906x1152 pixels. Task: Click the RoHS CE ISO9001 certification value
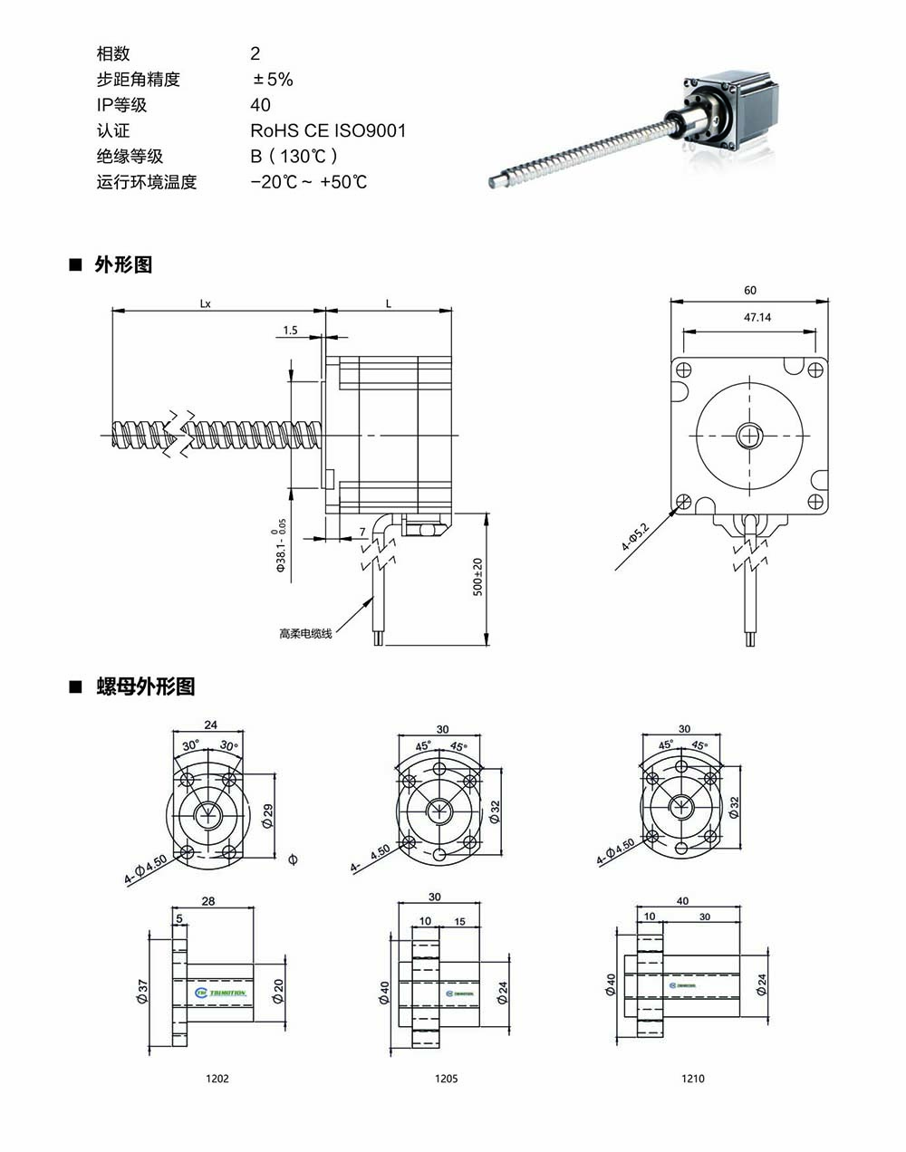328,130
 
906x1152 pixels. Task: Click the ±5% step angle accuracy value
273,80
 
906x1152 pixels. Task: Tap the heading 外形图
123,264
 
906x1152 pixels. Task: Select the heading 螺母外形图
145,686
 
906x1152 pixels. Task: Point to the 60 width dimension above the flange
750,291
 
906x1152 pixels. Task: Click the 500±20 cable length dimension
477,577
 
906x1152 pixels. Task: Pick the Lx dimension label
206,304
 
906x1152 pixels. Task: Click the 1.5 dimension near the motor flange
290,331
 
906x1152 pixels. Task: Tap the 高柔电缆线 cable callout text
305,633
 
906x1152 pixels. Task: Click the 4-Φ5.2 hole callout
635,537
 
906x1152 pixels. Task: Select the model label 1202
217,1079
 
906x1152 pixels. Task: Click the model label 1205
447,1079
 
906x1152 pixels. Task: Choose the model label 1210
693,1079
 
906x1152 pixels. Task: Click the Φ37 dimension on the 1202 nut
142,991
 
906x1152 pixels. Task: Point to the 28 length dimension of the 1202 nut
208,901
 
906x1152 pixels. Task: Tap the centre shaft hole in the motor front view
750,436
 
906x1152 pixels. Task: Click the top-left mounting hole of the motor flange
684,370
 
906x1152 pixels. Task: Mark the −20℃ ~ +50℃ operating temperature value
309,182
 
